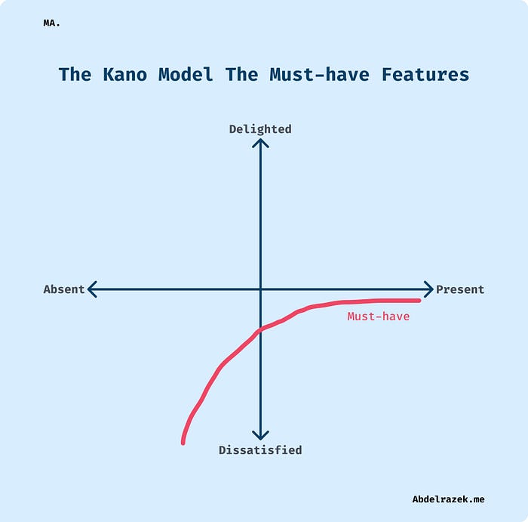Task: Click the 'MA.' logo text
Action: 52,23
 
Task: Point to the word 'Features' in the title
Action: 425,75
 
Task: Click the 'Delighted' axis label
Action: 260,129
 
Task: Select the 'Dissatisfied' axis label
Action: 260,450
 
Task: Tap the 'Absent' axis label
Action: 64,289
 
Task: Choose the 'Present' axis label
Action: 460,289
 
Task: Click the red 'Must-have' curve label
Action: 378,317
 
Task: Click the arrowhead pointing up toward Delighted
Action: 260,143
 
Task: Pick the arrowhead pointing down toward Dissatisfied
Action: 260,435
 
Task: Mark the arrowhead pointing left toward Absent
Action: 92,289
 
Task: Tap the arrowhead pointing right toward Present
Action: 428,289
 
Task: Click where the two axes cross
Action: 260,289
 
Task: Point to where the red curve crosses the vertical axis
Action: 260,329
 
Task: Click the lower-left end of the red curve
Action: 183,441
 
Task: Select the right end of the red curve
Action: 418,301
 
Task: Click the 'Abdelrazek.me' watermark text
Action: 448,499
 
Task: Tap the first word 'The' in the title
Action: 75,75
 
